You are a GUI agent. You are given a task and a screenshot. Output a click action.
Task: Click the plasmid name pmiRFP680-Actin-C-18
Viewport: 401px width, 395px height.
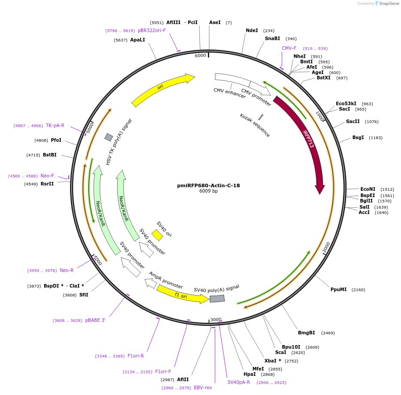[208, 185]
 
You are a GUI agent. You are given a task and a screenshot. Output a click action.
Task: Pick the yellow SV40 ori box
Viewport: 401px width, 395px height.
[157, 235]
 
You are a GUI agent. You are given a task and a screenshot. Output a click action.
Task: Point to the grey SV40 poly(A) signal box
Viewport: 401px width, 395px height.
[217, 298]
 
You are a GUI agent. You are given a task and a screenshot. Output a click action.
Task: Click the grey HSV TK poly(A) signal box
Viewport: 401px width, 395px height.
[109, 137]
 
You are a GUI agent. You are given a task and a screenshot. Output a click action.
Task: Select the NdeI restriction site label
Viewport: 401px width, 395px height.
[252, 30]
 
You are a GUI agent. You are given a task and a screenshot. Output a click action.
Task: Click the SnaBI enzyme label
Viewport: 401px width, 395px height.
[273, 38]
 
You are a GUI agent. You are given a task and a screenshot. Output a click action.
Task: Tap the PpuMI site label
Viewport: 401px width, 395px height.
[339, 289]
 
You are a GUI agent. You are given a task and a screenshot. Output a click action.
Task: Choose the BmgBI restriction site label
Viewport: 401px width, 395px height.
[306, 333]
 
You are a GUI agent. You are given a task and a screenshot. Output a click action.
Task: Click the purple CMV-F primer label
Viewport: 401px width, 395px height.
[289, 48]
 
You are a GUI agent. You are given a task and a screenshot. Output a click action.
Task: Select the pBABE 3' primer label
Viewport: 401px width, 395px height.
[95, 320]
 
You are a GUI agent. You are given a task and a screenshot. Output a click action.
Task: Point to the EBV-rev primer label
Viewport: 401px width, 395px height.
[203, 387]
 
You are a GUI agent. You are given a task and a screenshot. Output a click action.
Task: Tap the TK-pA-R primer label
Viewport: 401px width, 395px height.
[55, 125]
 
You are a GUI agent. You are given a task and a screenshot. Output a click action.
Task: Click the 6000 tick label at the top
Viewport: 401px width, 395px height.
[201, 55]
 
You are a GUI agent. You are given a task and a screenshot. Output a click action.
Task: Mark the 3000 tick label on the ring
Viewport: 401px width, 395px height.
[216, 319]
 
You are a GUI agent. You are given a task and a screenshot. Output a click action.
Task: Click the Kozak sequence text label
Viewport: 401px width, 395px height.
[255, 125]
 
